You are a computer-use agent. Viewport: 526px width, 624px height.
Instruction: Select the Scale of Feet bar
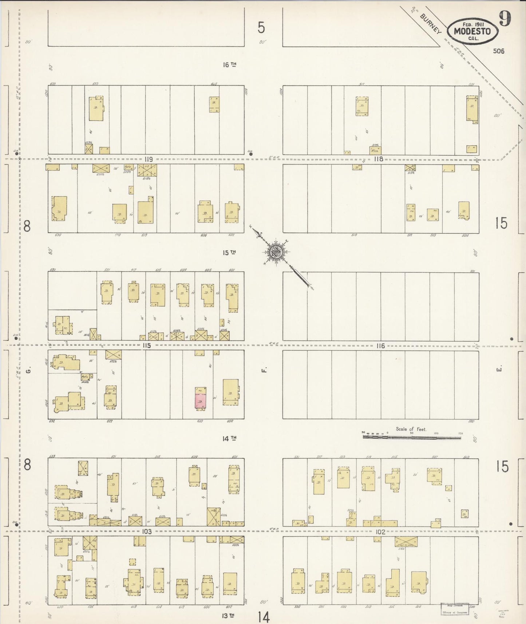(411, 437)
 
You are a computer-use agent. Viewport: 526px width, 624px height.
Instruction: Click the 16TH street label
(229, 65)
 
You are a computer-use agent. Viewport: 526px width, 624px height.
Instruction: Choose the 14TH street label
(229, 439)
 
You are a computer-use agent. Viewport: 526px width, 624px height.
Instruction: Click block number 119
(148, 159)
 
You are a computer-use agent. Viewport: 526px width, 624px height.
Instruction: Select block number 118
(379, 159)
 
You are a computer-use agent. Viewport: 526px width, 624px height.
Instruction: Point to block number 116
(380, 346)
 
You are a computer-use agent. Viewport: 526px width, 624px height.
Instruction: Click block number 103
(147, 532)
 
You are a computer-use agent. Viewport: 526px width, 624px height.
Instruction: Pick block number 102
(380, 532)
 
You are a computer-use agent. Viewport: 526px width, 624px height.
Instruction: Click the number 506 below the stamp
(499, 51)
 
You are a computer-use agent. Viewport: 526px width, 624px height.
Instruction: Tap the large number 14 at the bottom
(264, 617)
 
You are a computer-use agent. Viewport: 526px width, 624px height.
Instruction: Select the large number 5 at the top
(261, 28)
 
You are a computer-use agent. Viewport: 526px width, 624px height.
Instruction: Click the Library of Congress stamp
(454, 609)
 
